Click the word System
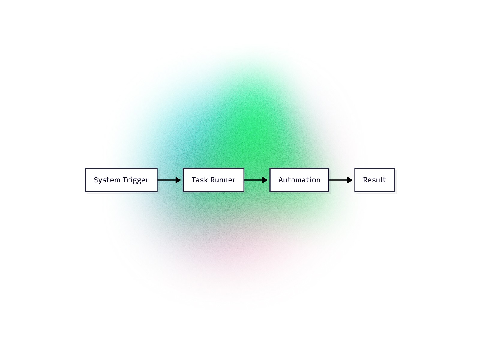[107, 180]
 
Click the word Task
[199, 180]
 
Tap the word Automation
[299, 180]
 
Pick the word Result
[374, 180]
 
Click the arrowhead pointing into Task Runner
[178, 180]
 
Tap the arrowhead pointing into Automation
[265, 180]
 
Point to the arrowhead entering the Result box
[350, 180]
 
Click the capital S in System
[96, 180]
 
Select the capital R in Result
[365, 180]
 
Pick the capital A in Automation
[281, 180]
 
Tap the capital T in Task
[194, 180]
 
